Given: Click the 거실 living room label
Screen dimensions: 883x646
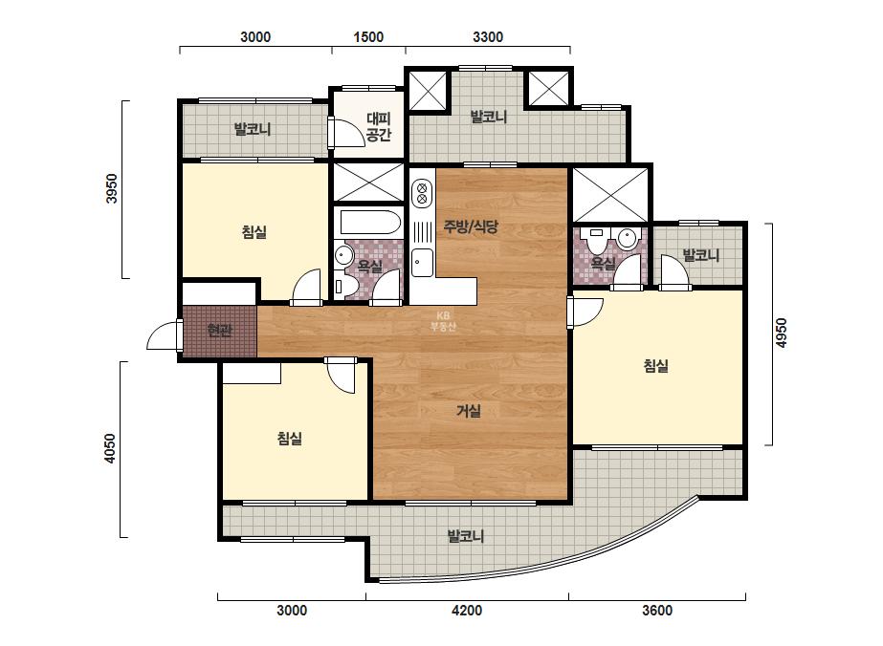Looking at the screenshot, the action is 469,411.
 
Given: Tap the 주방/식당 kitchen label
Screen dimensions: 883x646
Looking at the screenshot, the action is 471,226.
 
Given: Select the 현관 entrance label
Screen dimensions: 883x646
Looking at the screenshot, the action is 219,331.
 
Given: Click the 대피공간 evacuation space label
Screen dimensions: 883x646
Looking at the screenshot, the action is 379,126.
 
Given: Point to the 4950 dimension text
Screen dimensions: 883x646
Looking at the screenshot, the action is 781,333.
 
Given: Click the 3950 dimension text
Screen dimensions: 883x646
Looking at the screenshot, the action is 112,188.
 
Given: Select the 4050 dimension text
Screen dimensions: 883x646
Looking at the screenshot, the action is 110,448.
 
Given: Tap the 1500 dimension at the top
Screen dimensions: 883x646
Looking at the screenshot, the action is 368,37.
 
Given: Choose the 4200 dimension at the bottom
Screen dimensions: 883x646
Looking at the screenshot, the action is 467,611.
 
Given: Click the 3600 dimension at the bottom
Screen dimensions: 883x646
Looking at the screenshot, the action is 657,611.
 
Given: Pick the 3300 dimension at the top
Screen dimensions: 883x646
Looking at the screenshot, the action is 488,37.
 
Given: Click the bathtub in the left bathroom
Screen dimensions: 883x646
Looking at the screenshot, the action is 370,223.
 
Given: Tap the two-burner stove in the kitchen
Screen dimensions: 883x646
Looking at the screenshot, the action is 421,192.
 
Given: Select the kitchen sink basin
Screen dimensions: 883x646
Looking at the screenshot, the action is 422,263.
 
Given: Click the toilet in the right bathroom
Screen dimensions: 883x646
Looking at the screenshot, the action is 596,239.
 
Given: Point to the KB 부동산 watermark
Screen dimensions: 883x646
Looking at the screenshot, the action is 443,321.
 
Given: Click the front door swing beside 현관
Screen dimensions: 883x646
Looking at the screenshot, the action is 164,335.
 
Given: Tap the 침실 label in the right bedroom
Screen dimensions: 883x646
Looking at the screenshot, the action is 656,366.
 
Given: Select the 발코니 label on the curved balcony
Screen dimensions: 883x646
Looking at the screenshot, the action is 466,536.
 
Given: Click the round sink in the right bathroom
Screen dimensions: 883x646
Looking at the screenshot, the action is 627,239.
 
